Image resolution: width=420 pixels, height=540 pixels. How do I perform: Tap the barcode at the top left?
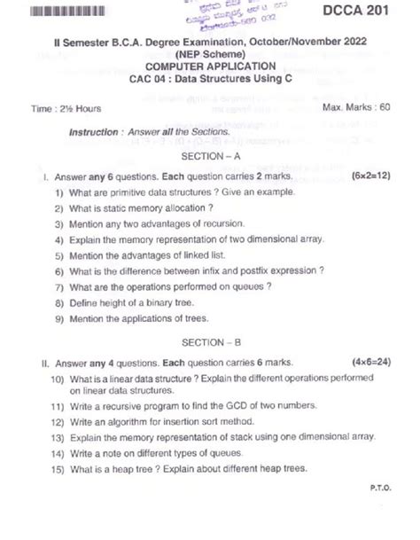tap(54, 11)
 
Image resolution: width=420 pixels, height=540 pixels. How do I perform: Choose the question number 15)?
tap(57, 469)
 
